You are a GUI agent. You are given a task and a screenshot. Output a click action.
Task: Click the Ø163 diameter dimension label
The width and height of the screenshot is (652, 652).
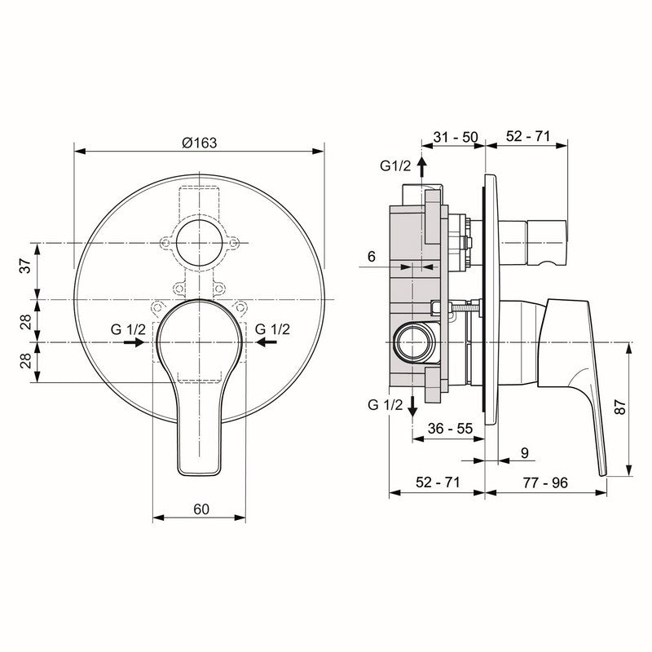[199, 142]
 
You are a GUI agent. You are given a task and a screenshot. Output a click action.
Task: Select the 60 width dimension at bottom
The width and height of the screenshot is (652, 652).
[202, 509]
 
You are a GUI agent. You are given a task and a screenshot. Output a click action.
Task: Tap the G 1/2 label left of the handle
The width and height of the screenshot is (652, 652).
[129, 328]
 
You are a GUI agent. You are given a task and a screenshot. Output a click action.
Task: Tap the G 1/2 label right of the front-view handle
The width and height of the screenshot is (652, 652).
[272, 328]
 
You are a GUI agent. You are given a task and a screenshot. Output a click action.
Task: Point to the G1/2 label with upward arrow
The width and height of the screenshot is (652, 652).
[397, 165]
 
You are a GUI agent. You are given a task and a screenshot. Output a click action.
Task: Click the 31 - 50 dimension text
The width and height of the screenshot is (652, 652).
[455, 138]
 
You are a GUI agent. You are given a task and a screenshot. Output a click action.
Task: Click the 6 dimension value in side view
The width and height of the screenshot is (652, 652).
[371, 256]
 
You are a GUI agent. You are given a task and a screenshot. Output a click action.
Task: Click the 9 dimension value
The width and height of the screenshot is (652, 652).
[523, 453]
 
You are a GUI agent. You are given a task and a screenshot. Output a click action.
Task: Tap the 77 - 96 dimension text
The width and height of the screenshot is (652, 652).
[544, 482]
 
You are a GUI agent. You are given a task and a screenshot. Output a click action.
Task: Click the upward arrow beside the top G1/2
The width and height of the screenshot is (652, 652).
[421, 166]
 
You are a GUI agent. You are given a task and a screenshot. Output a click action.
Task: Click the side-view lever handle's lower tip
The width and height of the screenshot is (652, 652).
[603, 471]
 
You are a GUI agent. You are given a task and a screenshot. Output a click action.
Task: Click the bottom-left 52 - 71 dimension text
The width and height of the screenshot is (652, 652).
[437, 482]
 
